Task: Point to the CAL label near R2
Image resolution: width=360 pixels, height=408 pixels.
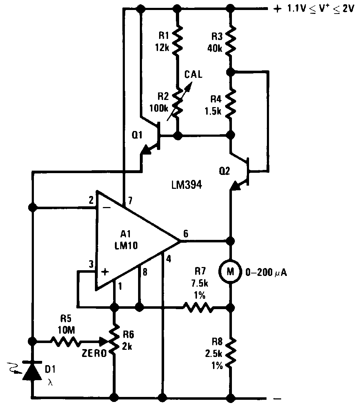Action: click(x=193, y=75)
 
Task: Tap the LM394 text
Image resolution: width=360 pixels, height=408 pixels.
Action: click(x=187, y=185)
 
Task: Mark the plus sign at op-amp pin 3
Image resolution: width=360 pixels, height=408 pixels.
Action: click(x=105, y=272)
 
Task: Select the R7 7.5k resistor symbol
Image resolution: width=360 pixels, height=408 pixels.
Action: click(x=197, y=307)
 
